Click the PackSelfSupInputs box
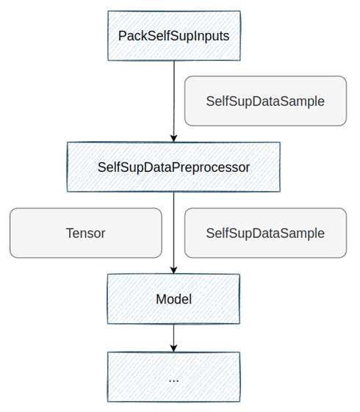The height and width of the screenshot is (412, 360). (174, 36)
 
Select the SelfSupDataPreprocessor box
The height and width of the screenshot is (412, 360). (173, 167)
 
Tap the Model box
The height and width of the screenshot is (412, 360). (173, 299)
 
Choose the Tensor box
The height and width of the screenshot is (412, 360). (86, 233)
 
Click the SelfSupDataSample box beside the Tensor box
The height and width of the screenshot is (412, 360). (265, 233)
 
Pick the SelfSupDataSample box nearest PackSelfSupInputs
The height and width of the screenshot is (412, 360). (265, 101)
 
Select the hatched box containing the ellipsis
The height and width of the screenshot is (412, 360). (173, 377)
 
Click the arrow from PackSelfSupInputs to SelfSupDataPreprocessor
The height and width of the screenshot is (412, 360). (173, 101)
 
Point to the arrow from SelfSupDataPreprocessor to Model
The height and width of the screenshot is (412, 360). (173, 233)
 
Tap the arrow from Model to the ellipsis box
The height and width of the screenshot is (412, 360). (173, 338)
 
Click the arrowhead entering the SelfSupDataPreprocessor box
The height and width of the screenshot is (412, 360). (173, 138)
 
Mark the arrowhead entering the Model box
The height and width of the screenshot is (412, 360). (173, 270)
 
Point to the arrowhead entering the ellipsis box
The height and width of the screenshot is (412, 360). (173, 348)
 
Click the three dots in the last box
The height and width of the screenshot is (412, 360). (173, 380)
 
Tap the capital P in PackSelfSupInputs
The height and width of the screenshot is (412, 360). (122, 36)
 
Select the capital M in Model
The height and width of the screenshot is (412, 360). (161, 300)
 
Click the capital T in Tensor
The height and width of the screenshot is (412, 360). (70, 233)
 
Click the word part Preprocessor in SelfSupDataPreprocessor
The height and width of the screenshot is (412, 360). (208, 168)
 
